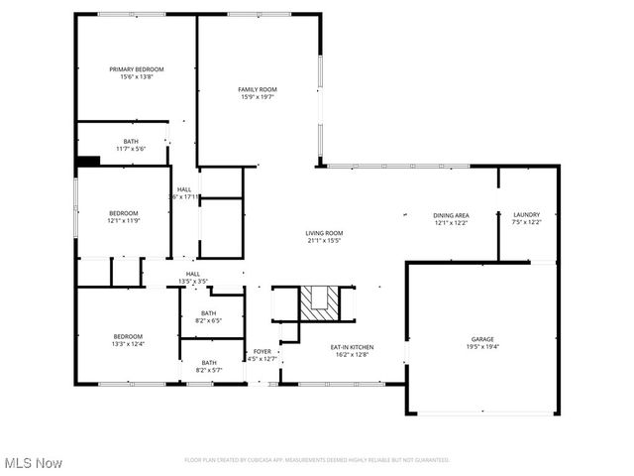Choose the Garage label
pyautogui.click(x=482, y=340)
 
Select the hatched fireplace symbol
pyautogui.click(x=319, y=303)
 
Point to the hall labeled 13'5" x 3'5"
pyautogui.click(x=192, y=277)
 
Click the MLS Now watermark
pyautogui.click(x=32, y=463)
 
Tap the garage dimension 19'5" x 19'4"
pyautogui.click(x=482, y=347)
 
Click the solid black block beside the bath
pyautogui.click(x=89, y=161)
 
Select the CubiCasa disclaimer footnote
pyautogui.click(x=317, y=460)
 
